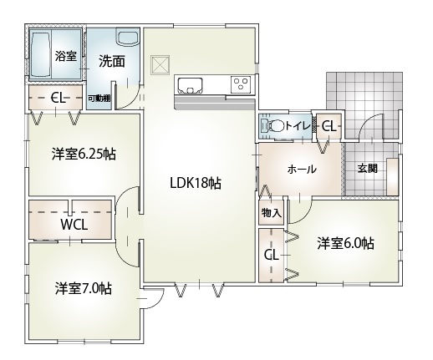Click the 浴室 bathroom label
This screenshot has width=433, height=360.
pyautogui.click(x=65, y=56)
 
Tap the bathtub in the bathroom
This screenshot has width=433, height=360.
pyautogui.click(x=40, y=55)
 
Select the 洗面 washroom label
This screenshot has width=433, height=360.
pyautogui.click(x=112, y=61)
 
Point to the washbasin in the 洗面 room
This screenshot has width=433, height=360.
pyautogui.click(x=128, y=37)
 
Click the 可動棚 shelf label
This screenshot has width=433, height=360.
pyautogui.click(x=99, y=98)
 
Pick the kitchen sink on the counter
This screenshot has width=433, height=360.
pyautogui.click(x=191, y=85)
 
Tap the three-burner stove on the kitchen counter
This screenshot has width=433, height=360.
pyautogui.click(x=241, y=84)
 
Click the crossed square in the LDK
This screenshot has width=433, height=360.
pyautogui.click(x=160, y=64)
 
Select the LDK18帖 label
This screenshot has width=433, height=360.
pyautogui.click(x=196, y=183)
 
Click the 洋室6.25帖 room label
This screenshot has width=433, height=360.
pyautogui.click(x=84, y=154)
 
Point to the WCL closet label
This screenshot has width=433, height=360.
pyautogui.click(x=74, y=224)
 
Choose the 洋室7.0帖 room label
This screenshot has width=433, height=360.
pyautogui.click(x=84, y=288)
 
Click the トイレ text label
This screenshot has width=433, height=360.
pyautogui.click(x=298, y=126)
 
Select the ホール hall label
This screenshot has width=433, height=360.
pyautogui.click(x=302, y=169)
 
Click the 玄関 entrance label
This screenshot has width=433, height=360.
pyautogui.click(x=367, y=168)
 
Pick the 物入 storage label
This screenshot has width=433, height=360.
pyautogui.click(x=271, y=213)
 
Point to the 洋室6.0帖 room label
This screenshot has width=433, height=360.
pyautogui.click(x=345, y=243)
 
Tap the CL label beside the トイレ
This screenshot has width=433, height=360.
pyautogui.click(x=329, y=127)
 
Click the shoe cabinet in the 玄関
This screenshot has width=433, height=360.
pyautogui.click(x=392, y=176)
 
